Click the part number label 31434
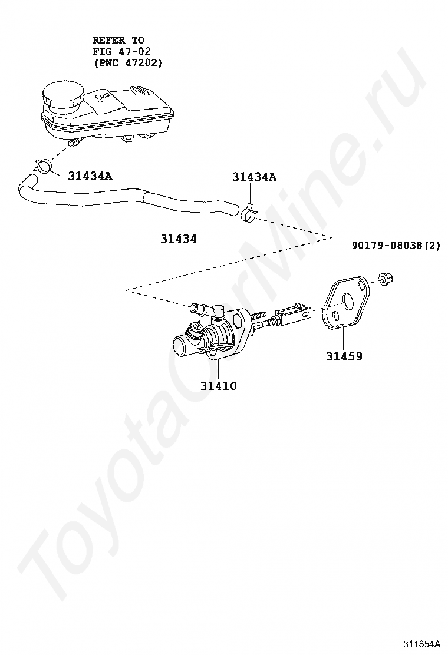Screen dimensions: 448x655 tap(178, 239)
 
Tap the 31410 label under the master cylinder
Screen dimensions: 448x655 tap(218, 386)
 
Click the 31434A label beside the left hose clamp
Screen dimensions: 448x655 tap(90, 175)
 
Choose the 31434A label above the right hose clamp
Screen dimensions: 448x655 tap(254, 176)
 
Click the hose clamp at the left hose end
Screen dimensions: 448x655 tap(43, 165)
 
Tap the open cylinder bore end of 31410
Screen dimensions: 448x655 tap(179, 344)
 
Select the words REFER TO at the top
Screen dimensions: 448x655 tap(118, 40)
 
